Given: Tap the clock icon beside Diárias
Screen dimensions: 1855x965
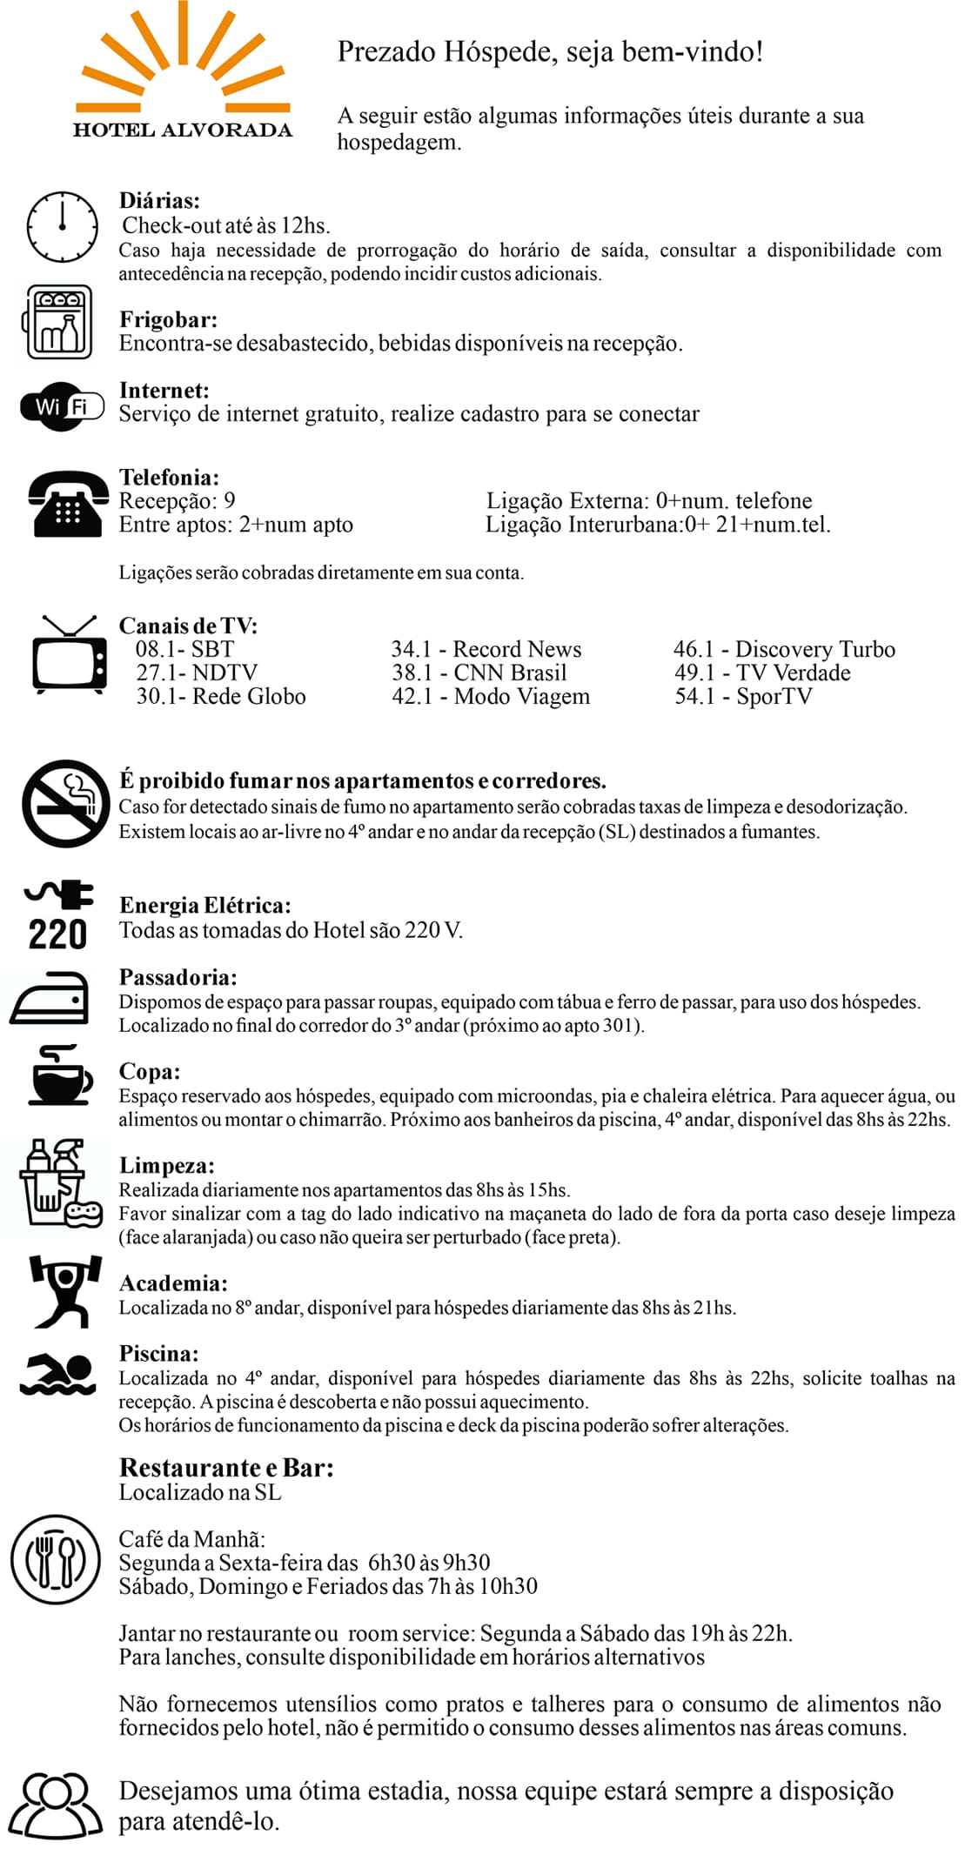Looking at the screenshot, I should click(x=62, y=227).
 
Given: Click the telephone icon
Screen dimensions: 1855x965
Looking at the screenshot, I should click(x=69, y=504).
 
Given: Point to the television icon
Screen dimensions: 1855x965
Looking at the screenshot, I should click(x=69, y=655).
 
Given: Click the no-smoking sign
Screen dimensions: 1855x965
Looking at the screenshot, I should click(x=66, y=804).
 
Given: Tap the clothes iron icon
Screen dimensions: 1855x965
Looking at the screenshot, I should click(x=50, y=1000).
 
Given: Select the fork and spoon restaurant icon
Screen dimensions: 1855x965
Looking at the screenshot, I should click(x=56, y=1558).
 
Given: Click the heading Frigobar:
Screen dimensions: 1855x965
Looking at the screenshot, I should click(x=168, y=319).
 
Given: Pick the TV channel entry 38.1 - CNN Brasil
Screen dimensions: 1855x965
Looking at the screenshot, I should click(x=479, y=673).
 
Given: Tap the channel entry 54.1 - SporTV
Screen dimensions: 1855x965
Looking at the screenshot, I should click(x=743, y=696).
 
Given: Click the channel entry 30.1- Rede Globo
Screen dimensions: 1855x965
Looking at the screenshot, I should click(x=221, y=696).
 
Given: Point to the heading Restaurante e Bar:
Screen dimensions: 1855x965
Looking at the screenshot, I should click(x=226, y=1468).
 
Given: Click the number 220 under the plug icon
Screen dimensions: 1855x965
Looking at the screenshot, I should click(x=57, y=934).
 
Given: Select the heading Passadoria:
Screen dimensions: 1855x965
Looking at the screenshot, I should click(x=178, y=977).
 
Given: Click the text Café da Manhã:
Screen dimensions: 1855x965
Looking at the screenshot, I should click(x=191, y=1539).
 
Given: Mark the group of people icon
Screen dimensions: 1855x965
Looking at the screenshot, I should click(x=56, y=1805).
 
